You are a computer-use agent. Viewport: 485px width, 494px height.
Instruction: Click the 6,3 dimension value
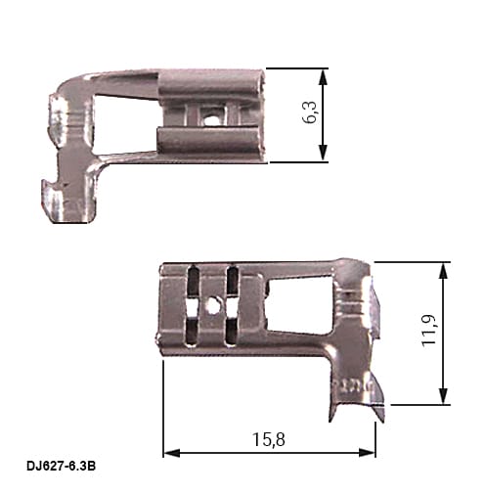point(309,112)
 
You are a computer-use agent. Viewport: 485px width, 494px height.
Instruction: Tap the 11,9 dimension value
point(428,331)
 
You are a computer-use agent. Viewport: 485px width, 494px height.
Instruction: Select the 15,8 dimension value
point(269,439)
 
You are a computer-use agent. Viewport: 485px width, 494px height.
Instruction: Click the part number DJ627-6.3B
point(61,467)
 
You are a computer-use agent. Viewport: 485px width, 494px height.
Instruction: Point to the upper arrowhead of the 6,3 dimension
point(323,77)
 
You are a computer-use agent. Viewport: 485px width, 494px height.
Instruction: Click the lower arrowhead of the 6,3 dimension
point(323,153)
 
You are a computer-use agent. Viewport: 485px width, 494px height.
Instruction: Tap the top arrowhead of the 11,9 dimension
point(442,271)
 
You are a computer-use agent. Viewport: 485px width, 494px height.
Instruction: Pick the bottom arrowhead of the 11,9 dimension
point(442,395)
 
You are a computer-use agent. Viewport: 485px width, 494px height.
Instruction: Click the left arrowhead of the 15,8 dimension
point(171,453)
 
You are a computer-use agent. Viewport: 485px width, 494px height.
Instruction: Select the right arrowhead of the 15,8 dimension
point(367,453)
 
